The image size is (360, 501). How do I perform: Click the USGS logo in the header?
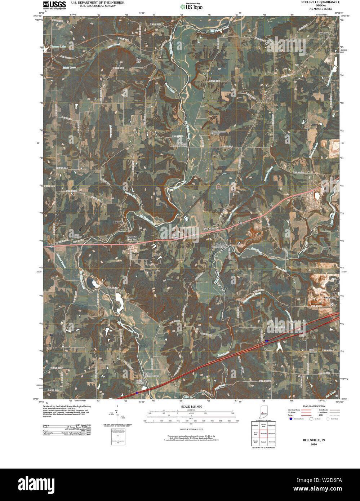tap(54, 5)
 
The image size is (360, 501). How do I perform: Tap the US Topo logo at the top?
tap(191, 6)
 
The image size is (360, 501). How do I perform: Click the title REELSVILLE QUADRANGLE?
tap(320, 2)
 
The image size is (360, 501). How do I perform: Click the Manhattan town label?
tap(209, 229)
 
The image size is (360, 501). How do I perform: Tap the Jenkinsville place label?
tap(329, 298)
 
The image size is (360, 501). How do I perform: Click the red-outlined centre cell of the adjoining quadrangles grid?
tap(263, 433)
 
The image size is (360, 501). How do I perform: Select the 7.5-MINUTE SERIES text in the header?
tap(320, 9)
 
